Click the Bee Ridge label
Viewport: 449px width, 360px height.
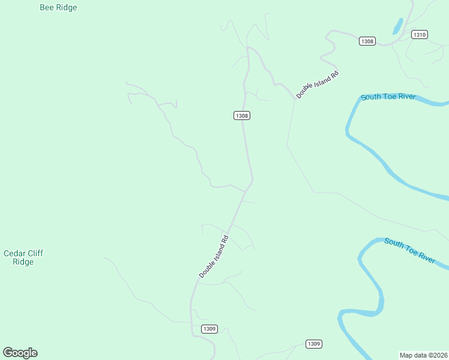click(x=58, y=8)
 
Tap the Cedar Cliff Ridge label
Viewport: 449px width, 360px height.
click(x=23, y=257)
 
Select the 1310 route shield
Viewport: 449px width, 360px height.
click(x=420, y=35)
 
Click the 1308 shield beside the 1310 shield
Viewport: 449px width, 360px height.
click(x=367, y=41)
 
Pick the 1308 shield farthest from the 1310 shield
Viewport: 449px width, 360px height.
click(x=241, y=115)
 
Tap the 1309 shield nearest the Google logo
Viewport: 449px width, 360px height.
click(x=209, y=329)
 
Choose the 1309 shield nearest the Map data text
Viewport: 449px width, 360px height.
click(x=313, y=344)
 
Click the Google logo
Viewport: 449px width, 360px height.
click(x=20, y=353)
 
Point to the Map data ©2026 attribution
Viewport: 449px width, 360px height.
click(x=423, y=355)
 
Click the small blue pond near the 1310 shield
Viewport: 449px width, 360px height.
click(x=397, y=26)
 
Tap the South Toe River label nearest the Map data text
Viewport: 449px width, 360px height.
click(x=409, y=250)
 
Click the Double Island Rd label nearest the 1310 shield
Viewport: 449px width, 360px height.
click(x=318, y=85)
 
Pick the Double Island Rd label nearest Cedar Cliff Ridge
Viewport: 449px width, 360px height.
click(x=214, y=256)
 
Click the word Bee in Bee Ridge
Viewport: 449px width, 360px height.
click(x=46, y=8)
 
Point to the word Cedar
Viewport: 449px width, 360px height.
click(x=15, y=253)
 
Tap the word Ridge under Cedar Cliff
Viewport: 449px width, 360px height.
click(x=23, y=262)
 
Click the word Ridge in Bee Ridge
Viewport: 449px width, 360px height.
click(x=66, y=8)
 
